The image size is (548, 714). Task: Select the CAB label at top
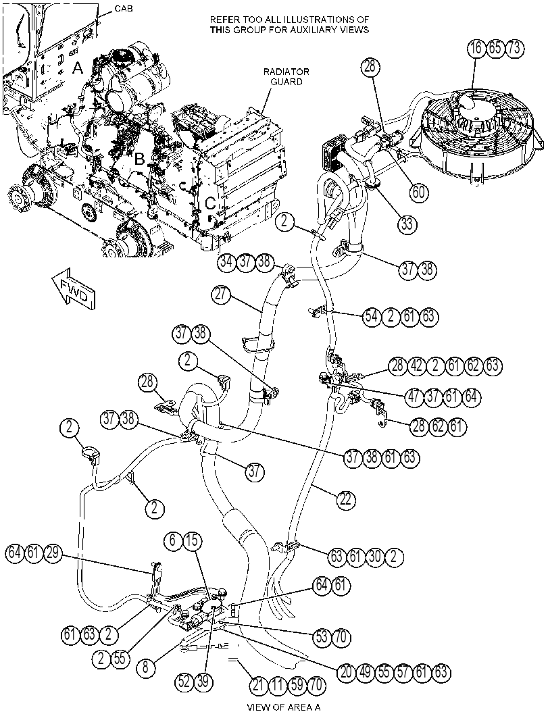(124, 8)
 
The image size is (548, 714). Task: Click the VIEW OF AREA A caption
(283, 707)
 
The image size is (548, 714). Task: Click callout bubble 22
(346, 499)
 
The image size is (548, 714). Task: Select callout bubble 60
(418, 193)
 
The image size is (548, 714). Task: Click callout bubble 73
(514, 49)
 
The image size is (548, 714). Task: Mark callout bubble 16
(476, 49)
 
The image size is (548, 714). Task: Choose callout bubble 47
(414, 396)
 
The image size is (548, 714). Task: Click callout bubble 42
(417, 365)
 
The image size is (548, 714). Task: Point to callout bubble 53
(322, 636)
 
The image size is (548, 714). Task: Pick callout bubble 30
(375, 556)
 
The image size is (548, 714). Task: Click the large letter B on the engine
(139, 159)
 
